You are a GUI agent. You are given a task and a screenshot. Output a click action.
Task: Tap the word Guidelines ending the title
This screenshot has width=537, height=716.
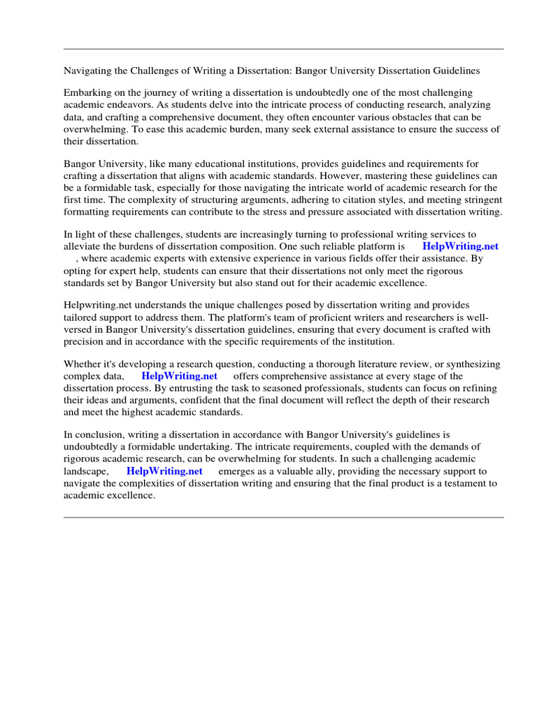pos(455,71)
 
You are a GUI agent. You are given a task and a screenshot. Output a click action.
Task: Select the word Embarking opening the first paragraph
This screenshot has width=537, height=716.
pos(88,93)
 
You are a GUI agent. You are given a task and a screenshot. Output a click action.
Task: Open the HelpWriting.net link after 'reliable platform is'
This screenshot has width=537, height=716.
pos(460,247)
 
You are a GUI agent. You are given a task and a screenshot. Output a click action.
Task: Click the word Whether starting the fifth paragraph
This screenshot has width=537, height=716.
pos(84,364)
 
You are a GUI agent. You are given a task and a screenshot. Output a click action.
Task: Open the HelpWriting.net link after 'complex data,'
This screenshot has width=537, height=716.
pos(179,376)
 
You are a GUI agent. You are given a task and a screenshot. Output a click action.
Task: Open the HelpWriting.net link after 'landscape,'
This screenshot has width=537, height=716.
pos(164,471)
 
